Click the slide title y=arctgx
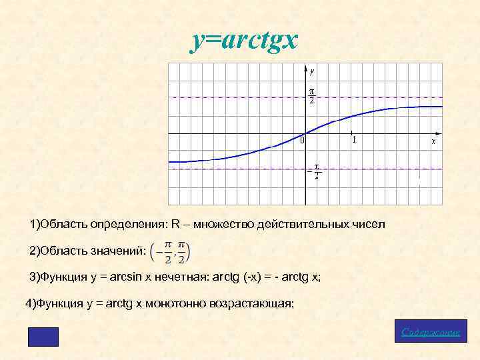point(243,41)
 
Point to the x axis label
point(434,141)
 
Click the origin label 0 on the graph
point(302,141)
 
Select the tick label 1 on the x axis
point(353,140)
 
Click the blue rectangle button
point(43,337)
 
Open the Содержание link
point(431,332)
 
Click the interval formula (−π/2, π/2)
point(170,251)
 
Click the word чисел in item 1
point(369,224)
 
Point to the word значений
point(121,251)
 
